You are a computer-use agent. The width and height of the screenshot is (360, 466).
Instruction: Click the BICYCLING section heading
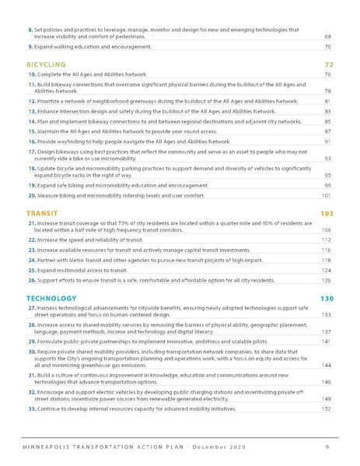[x=46, y=65]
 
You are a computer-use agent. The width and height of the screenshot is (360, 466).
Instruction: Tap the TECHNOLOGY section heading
[x=51, y=299]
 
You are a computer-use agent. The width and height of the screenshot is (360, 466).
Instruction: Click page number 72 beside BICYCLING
[x=328, y=65]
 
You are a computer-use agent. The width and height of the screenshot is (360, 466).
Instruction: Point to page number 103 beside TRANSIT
[x=327, y=213]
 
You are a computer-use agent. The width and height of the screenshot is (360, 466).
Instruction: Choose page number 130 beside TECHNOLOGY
[x=327, y=299]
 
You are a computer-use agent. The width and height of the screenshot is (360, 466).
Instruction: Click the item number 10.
[x=31, y=75]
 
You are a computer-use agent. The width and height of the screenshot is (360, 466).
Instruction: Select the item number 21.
[x=31, y=223]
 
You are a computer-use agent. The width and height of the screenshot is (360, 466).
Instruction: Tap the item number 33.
[x=31, y=409]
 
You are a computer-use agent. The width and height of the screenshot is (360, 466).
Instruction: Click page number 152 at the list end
[x=327, y=409]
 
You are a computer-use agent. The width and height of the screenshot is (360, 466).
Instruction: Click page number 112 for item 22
[x=327, y=240]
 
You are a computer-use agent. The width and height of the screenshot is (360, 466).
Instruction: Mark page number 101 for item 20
[x=327, y=196]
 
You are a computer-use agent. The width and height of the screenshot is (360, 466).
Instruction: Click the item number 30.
[x=31, y=352]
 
